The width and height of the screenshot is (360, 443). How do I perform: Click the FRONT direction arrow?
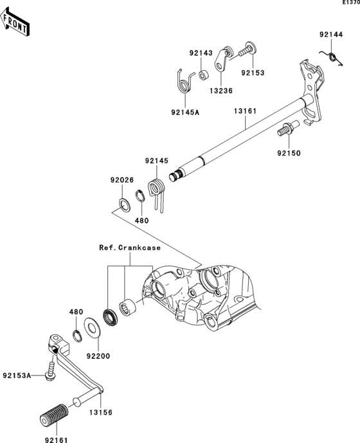14,22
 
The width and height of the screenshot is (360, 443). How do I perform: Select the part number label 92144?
331,35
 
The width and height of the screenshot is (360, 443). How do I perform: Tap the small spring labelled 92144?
332,57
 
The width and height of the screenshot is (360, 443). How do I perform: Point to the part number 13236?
221,91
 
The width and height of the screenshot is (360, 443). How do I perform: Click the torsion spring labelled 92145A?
184,81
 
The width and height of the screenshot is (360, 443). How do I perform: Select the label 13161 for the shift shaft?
246,111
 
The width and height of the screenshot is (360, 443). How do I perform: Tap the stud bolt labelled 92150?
287,129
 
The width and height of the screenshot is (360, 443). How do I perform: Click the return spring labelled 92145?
157,192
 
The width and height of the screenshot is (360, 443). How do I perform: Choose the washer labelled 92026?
124,205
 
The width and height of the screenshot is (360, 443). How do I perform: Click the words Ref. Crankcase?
130,248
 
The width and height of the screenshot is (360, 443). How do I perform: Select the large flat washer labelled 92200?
91,327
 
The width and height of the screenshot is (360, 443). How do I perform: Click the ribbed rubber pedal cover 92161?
54,415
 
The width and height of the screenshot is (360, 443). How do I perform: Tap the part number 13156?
101,413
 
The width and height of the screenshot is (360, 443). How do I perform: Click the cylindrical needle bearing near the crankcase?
127,307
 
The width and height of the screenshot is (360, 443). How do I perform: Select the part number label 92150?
289,154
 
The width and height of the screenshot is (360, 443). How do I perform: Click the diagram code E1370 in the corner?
351,3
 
